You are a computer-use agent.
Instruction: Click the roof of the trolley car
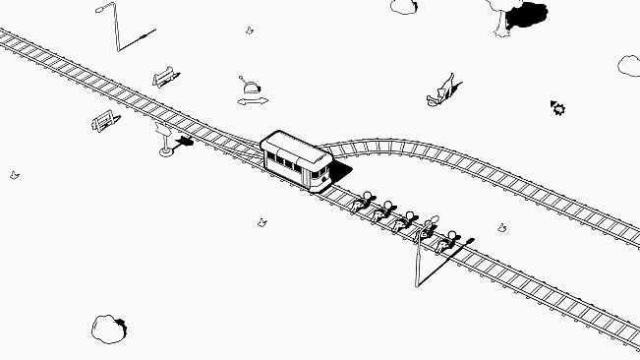(x=296, y=149)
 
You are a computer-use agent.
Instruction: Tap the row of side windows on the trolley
(x=289, y=163)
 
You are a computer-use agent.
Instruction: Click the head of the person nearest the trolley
(x=368, y=195)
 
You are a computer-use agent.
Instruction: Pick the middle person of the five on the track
(x=406, y=219)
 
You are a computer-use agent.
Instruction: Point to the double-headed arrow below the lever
(x=252, y=100)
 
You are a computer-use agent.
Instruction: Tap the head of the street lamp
(x=103, y=9)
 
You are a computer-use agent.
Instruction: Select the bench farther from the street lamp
(x=104, y=122)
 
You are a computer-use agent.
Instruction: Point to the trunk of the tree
(x=501, y=22)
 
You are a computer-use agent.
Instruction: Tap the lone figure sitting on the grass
(x=442, y=91)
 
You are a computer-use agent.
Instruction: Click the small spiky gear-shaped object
(x=558, y=107)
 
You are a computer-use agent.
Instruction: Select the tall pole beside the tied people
(x=420, y=260)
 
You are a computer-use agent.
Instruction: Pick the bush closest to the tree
(x=404, y=6)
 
